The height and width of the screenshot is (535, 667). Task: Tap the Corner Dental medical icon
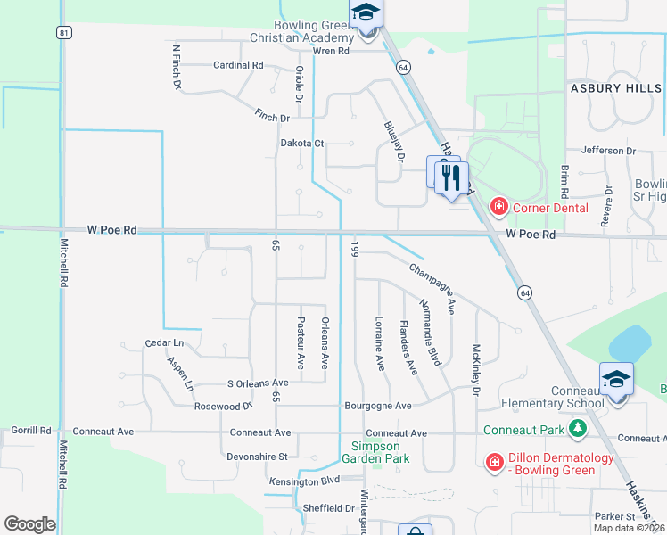pyautogui.click(x=498, y=208)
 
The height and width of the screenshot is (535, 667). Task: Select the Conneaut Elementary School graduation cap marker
pyautogui.click(x=617, y=379)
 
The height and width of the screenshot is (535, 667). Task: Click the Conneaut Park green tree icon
pyautogui.click(x=578, y=430)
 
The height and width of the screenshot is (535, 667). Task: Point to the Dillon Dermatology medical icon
pyautogui.click(x=494, y=461)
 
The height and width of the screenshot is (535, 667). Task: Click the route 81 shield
pyautogui.click(x=62, y=32)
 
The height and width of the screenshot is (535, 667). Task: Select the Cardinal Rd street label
pyautogui.click(x=238, y=65)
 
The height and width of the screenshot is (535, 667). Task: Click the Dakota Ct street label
pyautogui.click(x=302, y=143)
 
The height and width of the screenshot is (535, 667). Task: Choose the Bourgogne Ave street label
pyautogui.click(x=378, y=406)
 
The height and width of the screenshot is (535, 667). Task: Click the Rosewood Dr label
pyautogui.click(x=223, y=406)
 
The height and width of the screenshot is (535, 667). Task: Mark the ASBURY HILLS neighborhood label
pyautogui.click(x=616, y=88)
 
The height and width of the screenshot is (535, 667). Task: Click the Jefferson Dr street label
pyautogui.click(x=608, y=151)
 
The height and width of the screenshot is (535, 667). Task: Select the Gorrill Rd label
pyautogui.click(x=31, y=431)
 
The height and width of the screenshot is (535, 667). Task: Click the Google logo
pyautogui.click(x=29, y=523)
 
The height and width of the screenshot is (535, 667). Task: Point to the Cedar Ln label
pyautogui.click(x=164, y=343)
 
